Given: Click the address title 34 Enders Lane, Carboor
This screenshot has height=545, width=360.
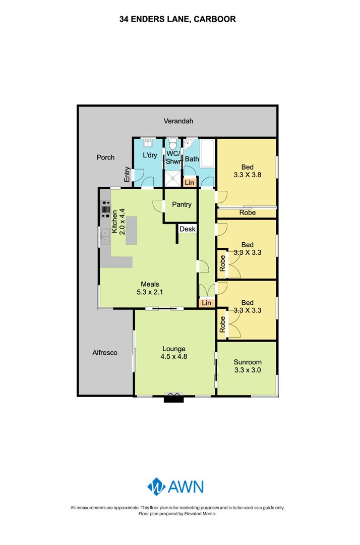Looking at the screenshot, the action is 177,19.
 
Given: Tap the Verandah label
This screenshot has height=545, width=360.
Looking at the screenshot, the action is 178,121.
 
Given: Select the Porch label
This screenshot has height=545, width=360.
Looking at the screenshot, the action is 105,157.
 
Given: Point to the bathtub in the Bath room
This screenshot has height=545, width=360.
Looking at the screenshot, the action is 208,153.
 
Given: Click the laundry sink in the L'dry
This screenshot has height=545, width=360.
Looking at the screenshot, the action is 149,142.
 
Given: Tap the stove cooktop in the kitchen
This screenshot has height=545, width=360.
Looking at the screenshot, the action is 105,209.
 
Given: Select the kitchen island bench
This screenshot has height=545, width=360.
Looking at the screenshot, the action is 131,231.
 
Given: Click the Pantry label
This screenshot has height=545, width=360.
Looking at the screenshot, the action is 182,204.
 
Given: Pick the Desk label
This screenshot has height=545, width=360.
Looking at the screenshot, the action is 188,229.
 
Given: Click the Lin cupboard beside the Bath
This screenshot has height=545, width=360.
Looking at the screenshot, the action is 190,183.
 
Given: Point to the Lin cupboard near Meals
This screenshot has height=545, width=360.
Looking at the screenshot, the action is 207,303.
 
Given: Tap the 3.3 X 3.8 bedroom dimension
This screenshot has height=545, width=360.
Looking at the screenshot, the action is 248,175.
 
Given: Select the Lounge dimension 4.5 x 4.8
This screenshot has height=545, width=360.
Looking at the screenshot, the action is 173,356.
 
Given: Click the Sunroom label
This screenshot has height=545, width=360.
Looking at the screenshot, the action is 248,362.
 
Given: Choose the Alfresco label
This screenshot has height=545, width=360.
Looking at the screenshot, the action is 105,352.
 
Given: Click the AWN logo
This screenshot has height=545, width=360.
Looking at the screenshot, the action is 175,486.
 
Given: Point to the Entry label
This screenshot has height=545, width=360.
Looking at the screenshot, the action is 127,174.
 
